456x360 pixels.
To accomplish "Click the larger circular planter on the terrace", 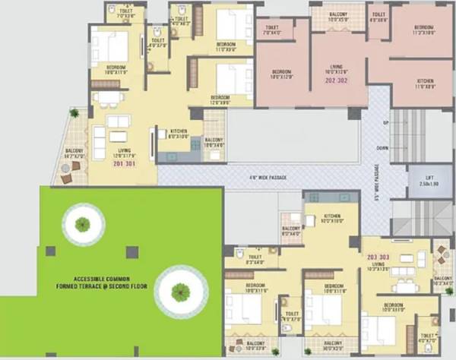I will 180,289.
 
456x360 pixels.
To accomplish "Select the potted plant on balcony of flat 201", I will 74,113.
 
